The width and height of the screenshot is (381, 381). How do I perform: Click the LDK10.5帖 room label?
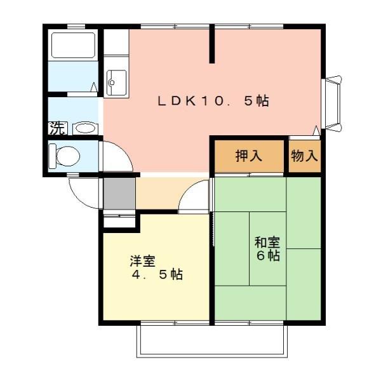click(x=213, y=101)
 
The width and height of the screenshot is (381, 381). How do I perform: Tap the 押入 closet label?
click(x=249, y=156)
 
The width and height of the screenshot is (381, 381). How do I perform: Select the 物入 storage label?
click(x=304, y=156)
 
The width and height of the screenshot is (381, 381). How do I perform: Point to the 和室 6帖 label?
click(x=267, y=248)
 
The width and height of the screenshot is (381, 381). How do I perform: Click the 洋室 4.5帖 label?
click(x=156, y=267)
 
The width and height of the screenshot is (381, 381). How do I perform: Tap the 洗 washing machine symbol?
click(x=57, y=128)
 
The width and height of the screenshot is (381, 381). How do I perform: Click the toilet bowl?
click(x=65, y=156)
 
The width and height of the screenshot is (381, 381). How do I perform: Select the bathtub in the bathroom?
click(x=73, y=46)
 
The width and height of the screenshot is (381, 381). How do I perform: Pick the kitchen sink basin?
click(x=116, y=83)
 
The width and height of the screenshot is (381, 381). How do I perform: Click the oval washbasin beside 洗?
click(x=85, y=128)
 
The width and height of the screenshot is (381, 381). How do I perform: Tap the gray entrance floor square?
click(x=119, y=194)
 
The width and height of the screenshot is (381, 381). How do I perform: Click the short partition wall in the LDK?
click(x=212, y=44)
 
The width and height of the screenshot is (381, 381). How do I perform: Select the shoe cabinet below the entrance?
click(x=119, y=218)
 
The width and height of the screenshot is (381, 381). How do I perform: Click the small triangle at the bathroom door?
click(x=94, y=87)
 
